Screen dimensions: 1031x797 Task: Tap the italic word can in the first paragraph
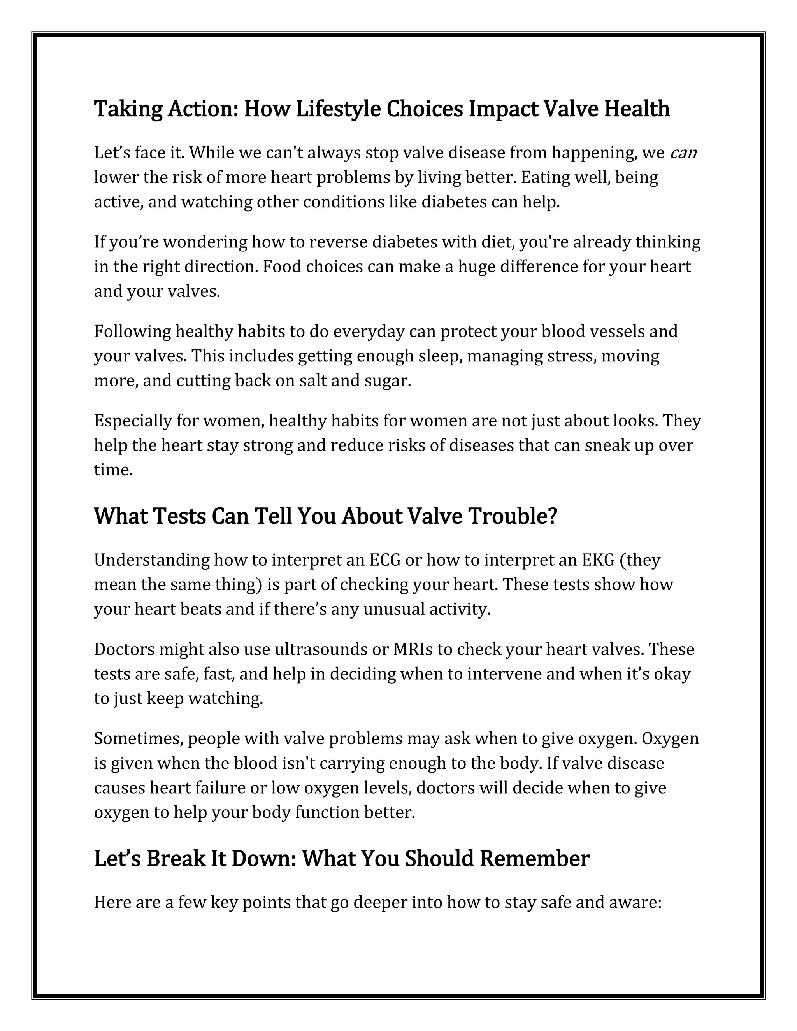coord(683,153)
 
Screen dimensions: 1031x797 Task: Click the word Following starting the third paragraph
coord(133,331)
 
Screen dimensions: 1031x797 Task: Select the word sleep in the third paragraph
coord(439,356)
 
